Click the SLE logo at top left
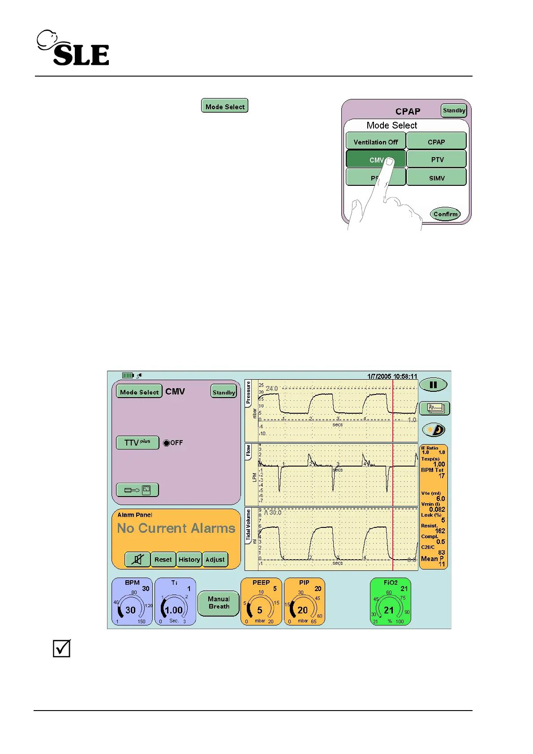click(x=73, y=48)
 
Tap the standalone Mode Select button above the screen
click(x=225, y=106)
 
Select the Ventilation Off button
click(x=375, y=141)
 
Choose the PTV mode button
click(x=437, y=159)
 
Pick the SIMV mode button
click(x=437, y=178)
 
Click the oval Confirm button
click(x=445, y=214)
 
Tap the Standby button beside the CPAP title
click(x=454, y=111)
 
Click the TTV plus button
click(x=138, y=443)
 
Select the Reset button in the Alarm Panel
click(x=163, y=560)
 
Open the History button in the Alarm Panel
click(x=189, y=560)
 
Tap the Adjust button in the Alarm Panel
click(x=215, y=560)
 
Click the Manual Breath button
click(x=219, y=603)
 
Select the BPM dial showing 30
click(x=132, y=602)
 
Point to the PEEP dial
click(x=261, y=602)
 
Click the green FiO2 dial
click(x=390, y=602)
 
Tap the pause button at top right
click(x=433, y=385)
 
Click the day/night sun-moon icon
click(x=434, y=430)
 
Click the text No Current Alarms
click(x=176, y=528)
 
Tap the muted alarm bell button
click(x=138, y=560)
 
